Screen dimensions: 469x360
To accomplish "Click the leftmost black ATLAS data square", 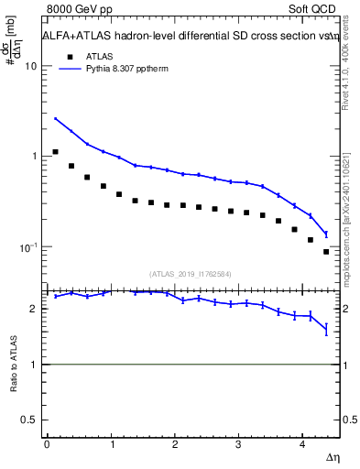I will pyautogui.click(x=56, y=152).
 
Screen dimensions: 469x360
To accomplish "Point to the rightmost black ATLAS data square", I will pyautogui.click(x=326, y=251).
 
